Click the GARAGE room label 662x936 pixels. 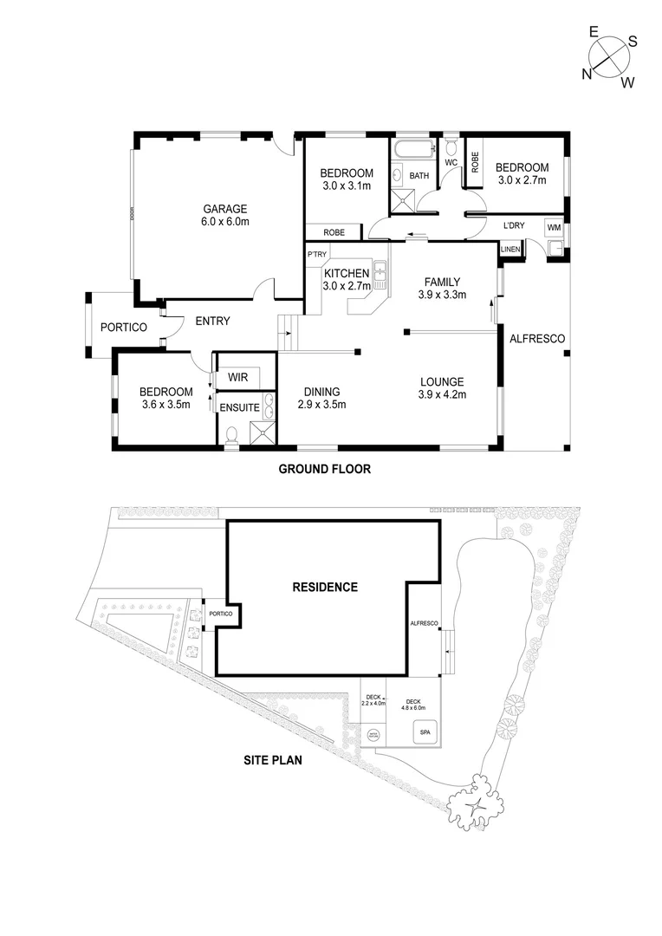(x=225, y=209)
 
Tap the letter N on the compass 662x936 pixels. (x=587, y=74)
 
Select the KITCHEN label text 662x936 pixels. (x=347, y=274)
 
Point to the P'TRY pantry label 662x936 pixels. (x=315, y=254)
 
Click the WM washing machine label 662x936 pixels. (x=554, y=227)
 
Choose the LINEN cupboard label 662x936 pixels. (x=510, y=250)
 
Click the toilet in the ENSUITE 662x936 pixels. (x=231, y=435)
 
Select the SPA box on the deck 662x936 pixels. (x=425, y=731)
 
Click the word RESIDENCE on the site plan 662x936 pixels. (x=324, y=587)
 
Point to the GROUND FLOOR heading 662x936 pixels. (x=324, y=470)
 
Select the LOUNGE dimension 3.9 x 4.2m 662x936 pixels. (x=442, y=395)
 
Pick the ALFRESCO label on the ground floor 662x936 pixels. (x=537, y=338)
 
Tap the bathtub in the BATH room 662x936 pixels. (x=407, y=150)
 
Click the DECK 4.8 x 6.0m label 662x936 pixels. (x=412, y=705)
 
